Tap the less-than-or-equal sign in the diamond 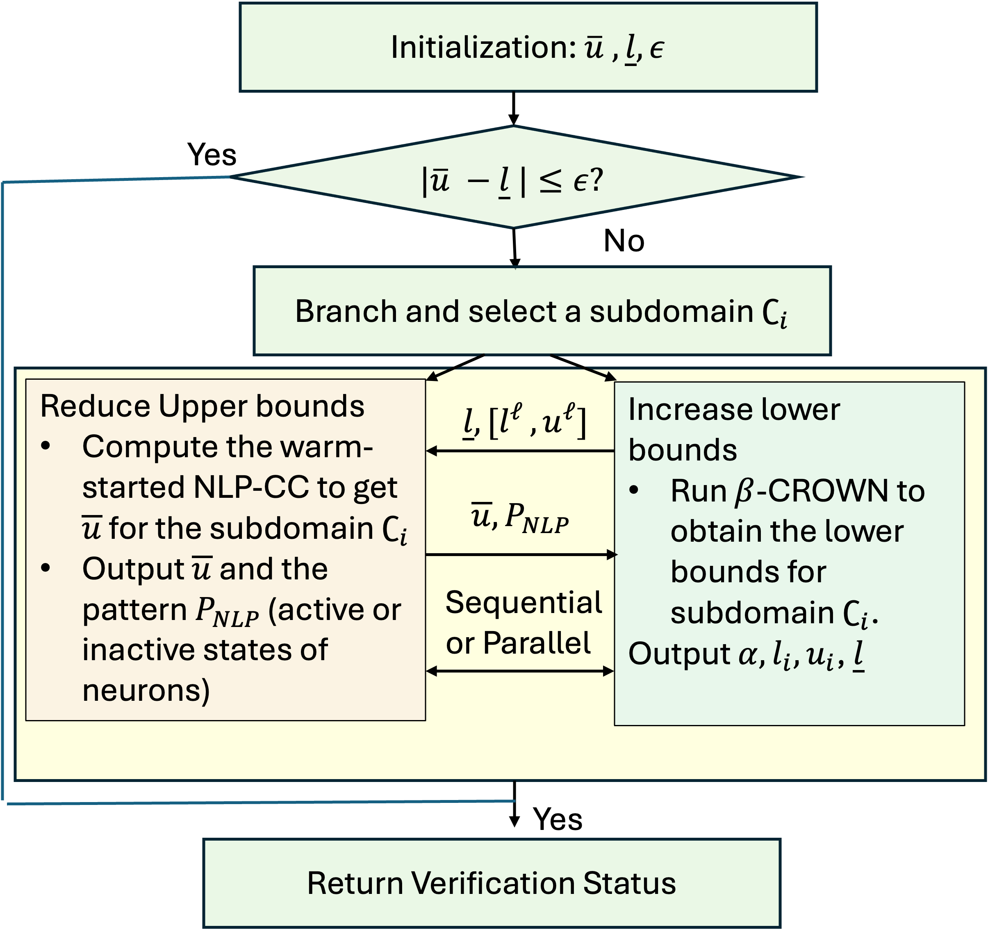click(551, 181)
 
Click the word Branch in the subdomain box click(346, 312)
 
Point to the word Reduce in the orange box click(94, 406)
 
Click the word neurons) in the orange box click(146, 691)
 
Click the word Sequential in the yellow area click(524, 602)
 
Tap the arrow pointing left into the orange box click(520, 451)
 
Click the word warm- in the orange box click(326, 447)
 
